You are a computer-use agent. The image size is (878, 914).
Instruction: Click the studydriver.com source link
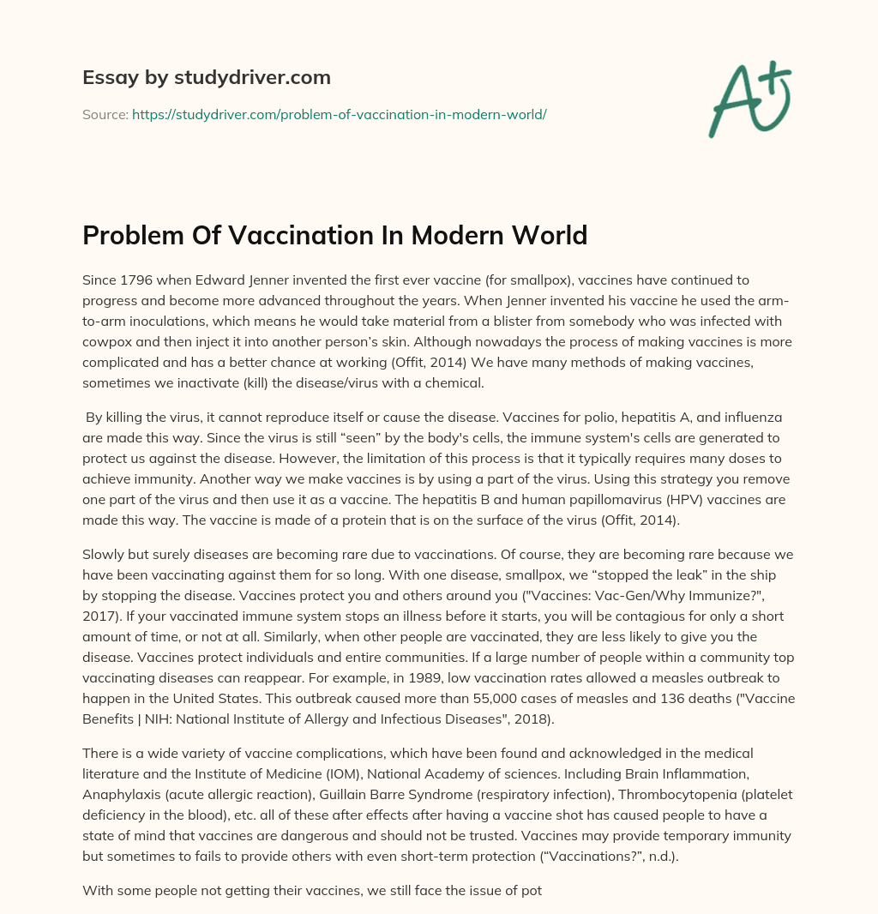[339, 114]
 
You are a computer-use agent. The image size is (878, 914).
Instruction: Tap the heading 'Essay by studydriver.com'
[207, 77]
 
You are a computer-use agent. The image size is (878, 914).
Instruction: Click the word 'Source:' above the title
[105, 114]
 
